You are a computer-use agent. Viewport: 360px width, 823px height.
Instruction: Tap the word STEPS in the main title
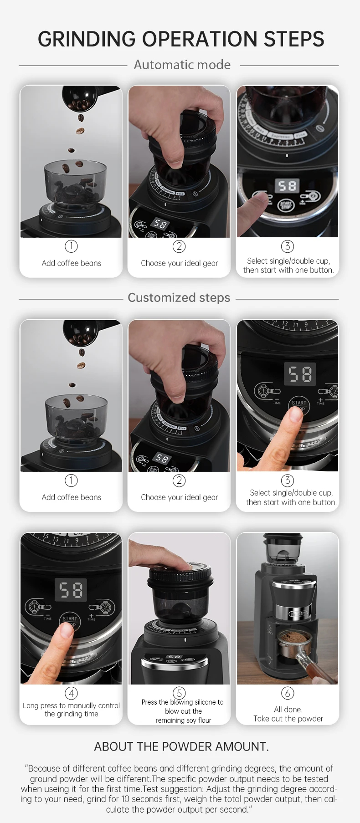pos(294,39)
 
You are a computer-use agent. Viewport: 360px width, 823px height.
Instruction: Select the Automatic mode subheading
pos(182,65)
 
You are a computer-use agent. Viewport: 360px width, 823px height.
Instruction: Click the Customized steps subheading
pos(179,298)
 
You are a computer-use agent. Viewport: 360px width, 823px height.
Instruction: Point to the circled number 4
pos(71,693)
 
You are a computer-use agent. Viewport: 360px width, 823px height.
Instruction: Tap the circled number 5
pos(179,693)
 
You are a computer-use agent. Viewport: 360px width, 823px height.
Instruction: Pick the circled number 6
pos(288,693)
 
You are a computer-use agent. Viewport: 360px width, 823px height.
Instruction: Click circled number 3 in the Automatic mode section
pos(288,246)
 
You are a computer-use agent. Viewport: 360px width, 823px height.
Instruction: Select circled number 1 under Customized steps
pos(71,481)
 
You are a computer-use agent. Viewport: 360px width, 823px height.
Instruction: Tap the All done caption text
pos(288,710)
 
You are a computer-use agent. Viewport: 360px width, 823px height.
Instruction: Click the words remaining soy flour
pos(183,721)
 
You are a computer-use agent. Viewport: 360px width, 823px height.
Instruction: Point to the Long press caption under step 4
pos(72,710)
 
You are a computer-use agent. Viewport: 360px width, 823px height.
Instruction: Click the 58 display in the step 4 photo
pos(71,590)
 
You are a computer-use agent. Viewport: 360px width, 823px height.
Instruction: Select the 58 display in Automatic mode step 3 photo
pos(287,185)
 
